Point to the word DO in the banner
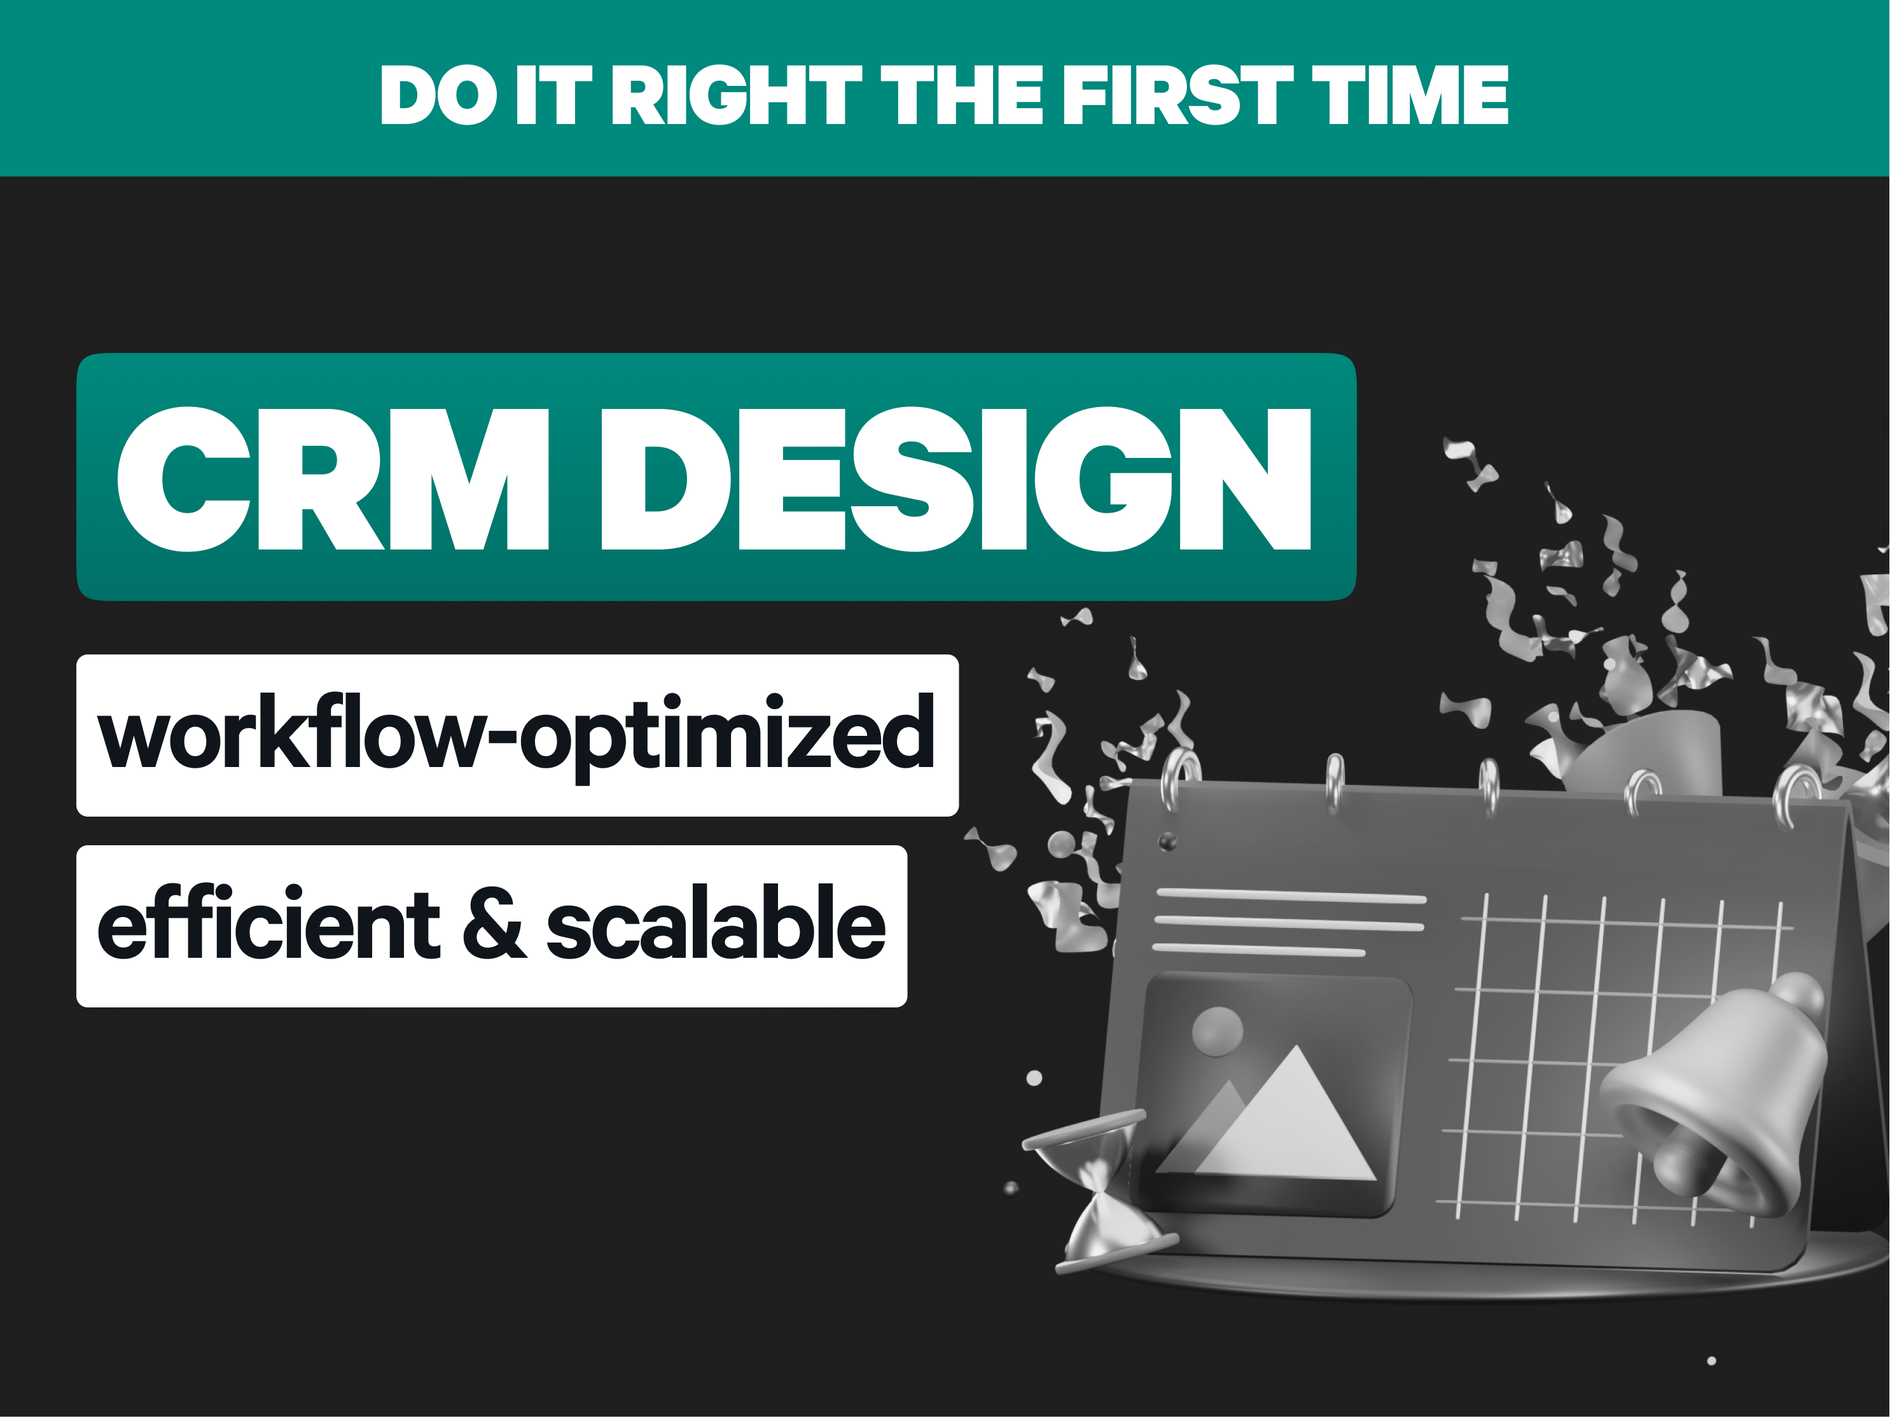[438, 95]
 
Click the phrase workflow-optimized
[516, 735]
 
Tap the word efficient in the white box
[268, 922]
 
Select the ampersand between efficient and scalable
[494, 924]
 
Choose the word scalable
[716, 922]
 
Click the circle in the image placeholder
[1217, 1031]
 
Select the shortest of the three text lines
[1258, 950]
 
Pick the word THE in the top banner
[962, 95]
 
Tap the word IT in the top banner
[553, 95]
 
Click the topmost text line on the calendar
[1291, 896]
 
